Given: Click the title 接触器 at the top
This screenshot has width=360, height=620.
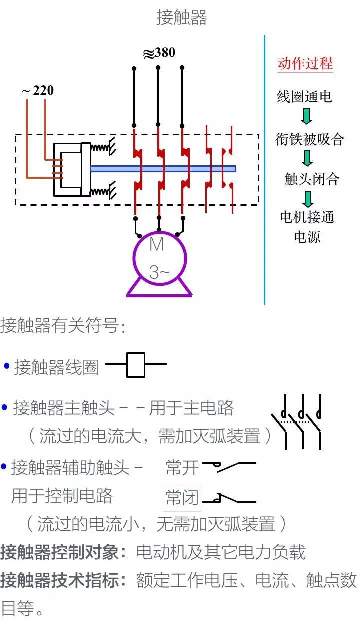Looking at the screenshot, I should pos(181,18).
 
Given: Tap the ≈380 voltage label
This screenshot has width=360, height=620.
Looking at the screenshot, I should pos(159,53).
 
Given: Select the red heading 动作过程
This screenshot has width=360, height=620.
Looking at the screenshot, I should pos(305,64).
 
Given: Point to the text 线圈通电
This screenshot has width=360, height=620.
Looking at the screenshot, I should pos(304,96).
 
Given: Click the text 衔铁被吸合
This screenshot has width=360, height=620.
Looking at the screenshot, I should pos(310,139).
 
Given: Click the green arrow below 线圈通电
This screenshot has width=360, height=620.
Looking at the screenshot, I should pos(306,117).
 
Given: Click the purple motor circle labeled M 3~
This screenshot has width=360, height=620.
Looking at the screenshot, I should pos(159,258).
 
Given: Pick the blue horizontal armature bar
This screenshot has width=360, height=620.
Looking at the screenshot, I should pos(163,169).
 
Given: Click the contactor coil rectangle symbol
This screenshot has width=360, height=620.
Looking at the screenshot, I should pos(135,365).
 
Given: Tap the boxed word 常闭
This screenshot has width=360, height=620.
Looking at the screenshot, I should pos(182,497).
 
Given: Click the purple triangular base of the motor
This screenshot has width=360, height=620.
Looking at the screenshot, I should pos(159,289).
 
